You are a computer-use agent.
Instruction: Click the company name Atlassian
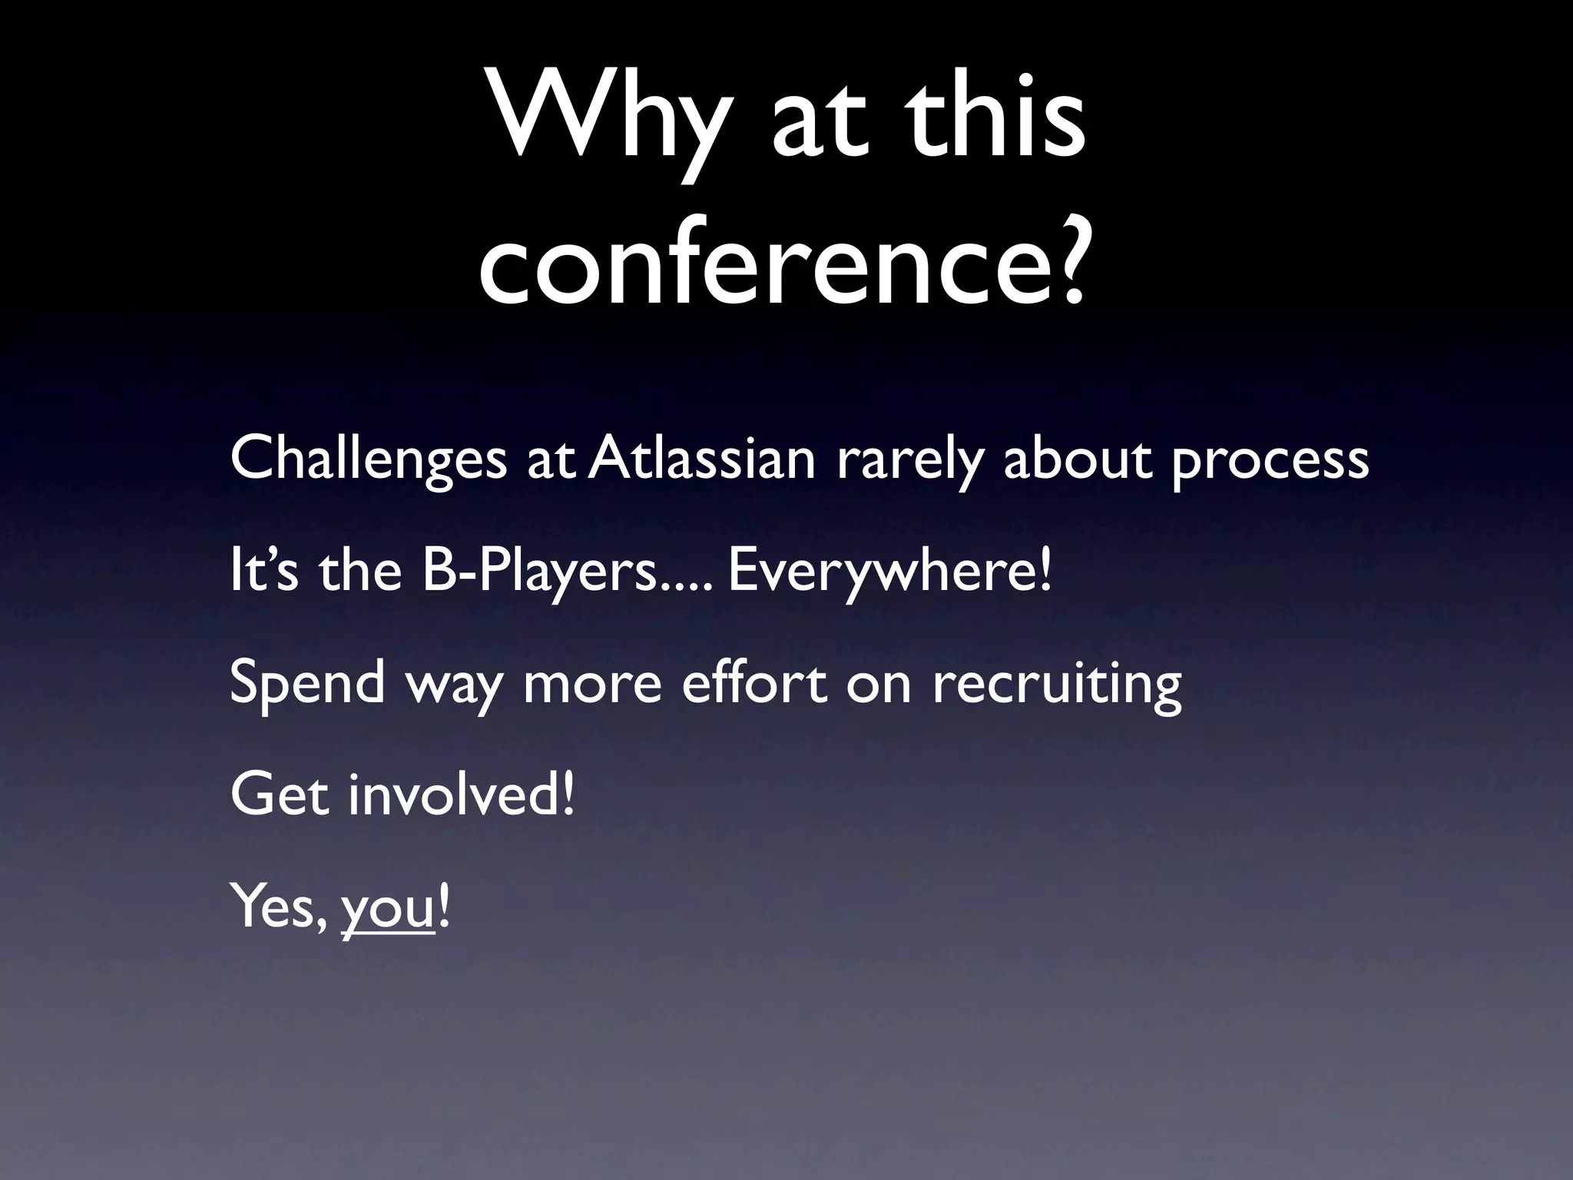(x=702, y=458)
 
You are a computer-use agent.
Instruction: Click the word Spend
(x=307, y=683)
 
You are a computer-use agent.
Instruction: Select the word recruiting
(x=1057, y=684)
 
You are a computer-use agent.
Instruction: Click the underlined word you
(x=389, y=910)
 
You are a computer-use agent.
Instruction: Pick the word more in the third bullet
(x=591, y=684)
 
